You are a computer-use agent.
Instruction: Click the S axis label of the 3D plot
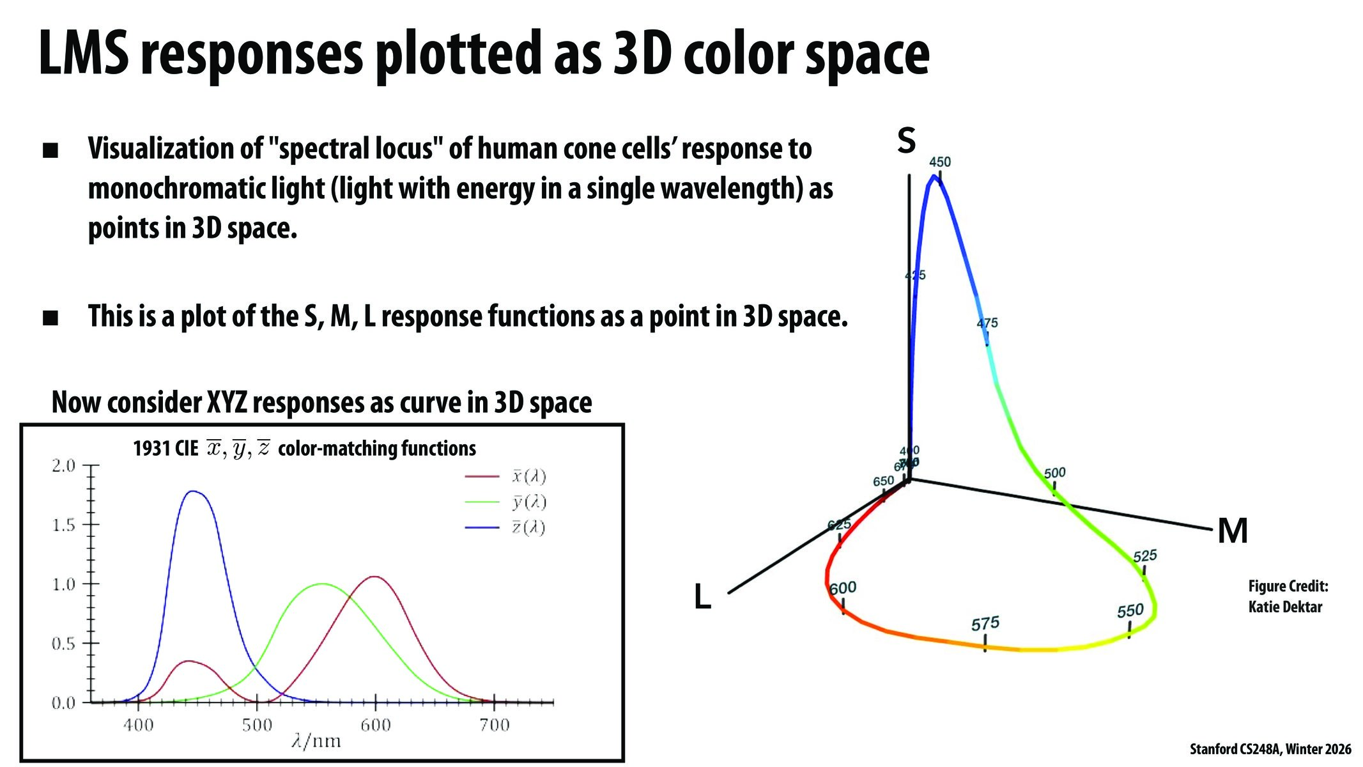[906, 140]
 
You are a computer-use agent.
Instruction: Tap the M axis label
[1233, 531]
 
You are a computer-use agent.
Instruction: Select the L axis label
[702, 598]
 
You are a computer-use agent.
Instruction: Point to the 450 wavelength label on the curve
[940, 162]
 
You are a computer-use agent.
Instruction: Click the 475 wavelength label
[987, 323]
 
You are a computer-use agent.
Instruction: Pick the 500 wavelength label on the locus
[1055, 473]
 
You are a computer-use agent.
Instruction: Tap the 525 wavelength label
[1145, 555]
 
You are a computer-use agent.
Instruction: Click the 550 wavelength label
[1130, 612]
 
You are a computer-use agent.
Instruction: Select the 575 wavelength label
[985, 624]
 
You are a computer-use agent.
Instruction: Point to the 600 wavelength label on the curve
[843, 588]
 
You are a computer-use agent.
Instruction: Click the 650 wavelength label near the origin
[884, 481]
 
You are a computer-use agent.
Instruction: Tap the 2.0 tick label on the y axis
[63, 465]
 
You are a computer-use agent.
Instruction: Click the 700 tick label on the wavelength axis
[494, 725]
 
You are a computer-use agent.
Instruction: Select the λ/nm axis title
[316, 741]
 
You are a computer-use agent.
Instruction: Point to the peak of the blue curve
[192, 492]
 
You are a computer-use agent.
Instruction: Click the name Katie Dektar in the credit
[1285, 607]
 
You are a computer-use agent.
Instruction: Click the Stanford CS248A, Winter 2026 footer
[1270, 749]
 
